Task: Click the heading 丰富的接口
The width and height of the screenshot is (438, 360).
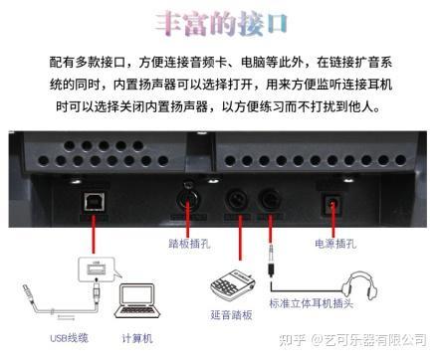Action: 220,23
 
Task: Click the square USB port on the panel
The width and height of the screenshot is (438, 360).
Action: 92,199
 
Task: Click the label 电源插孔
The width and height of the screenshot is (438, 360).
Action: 334,242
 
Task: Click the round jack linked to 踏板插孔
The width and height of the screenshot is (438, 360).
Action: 191,198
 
